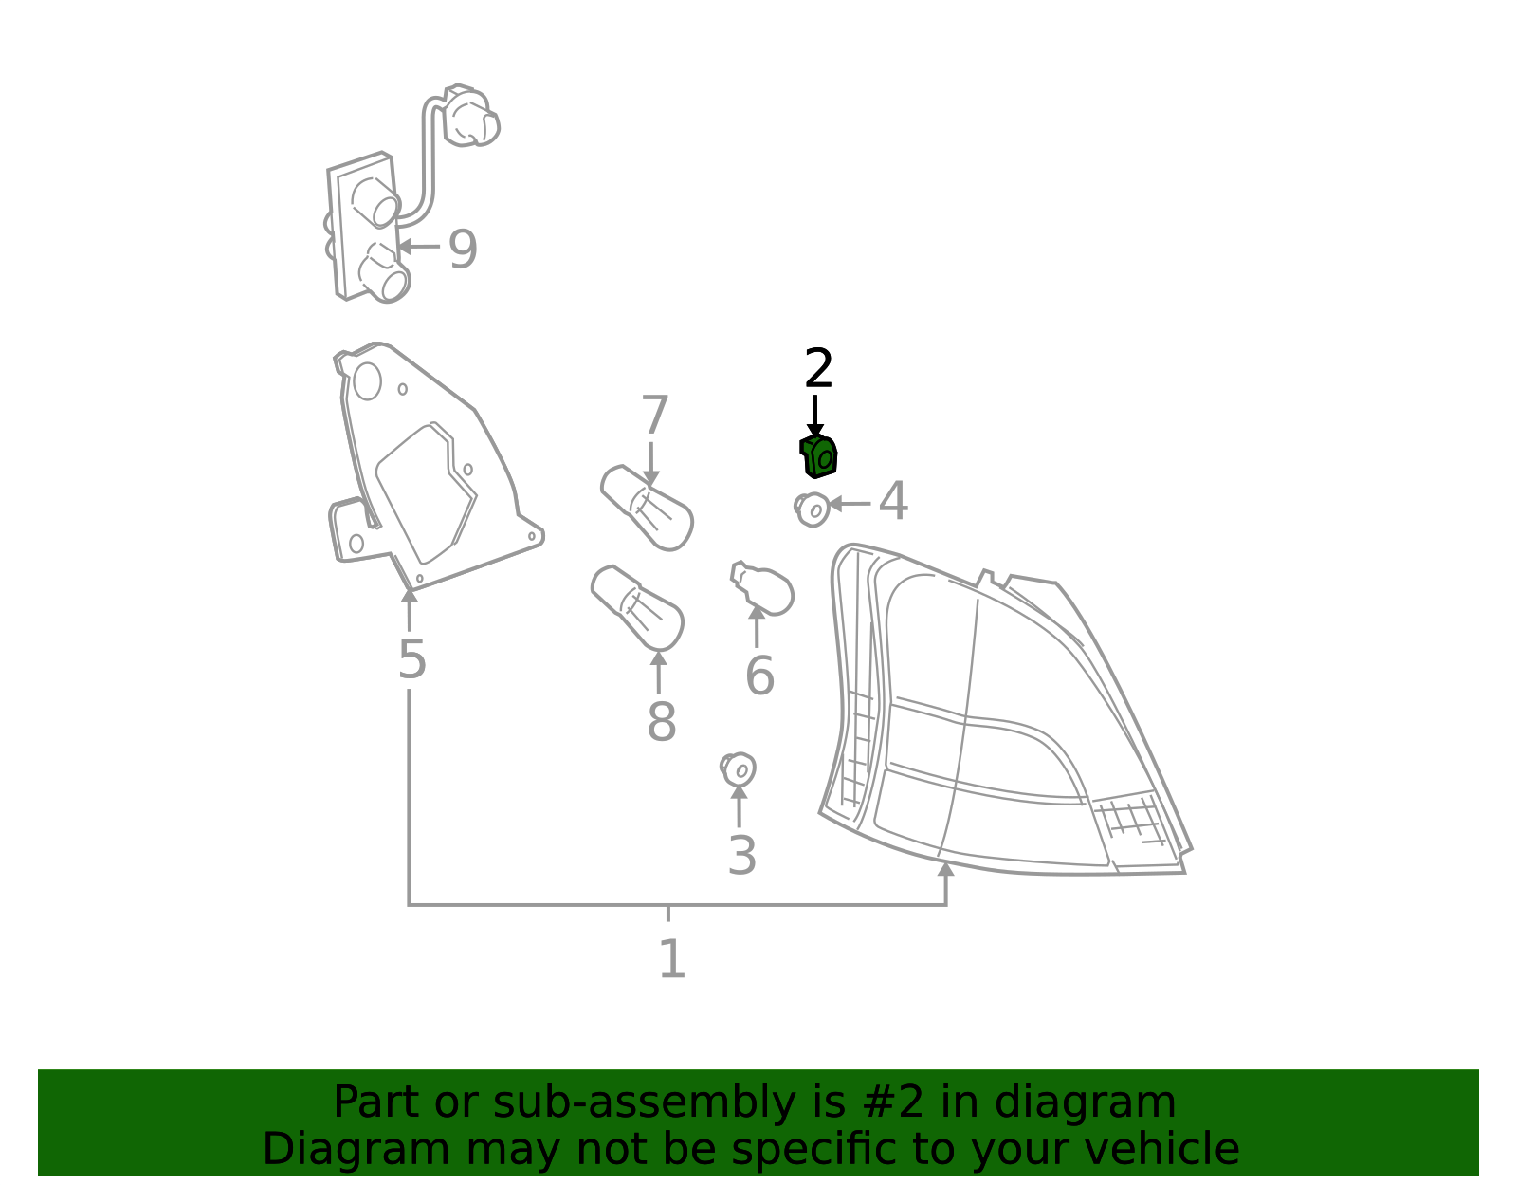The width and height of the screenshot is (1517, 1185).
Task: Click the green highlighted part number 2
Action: (818, 456)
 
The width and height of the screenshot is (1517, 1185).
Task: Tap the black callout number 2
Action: (818, 368)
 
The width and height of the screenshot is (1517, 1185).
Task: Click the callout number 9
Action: (462, 250)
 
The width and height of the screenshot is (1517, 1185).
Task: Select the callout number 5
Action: (411, 659)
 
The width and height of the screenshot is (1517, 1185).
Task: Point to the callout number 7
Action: (655, 415)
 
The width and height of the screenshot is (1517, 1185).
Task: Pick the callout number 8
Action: (661, 721)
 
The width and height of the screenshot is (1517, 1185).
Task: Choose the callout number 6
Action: (759, 676)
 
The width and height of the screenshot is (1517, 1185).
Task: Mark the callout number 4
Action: (893, 501)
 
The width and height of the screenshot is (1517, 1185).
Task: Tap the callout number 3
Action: (741, 856)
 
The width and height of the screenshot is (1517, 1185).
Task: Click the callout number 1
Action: (672, 959)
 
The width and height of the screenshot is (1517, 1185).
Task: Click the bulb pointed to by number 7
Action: (647, 508)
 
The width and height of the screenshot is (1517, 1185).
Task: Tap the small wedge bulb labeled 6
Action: (762, 588)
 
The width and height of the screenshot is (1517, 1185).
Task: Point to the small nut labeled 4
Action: (812, 509)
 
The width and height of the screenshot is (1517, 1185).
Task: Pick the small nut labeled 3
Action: (738, 769)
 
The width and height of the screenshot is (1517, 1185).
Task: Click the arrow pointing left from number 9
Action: (418, 247)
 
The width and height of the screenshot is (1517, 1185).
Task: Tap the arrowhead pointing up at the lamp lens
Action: (945, 869)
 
